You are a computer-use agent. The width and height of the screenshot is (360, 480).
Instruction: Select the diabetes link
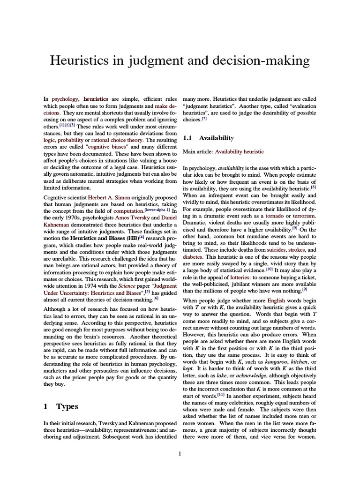click(x=193, y=257)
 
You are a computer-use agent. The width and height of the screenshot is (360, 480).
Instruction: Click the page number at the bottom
click(x=180, y=453)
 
